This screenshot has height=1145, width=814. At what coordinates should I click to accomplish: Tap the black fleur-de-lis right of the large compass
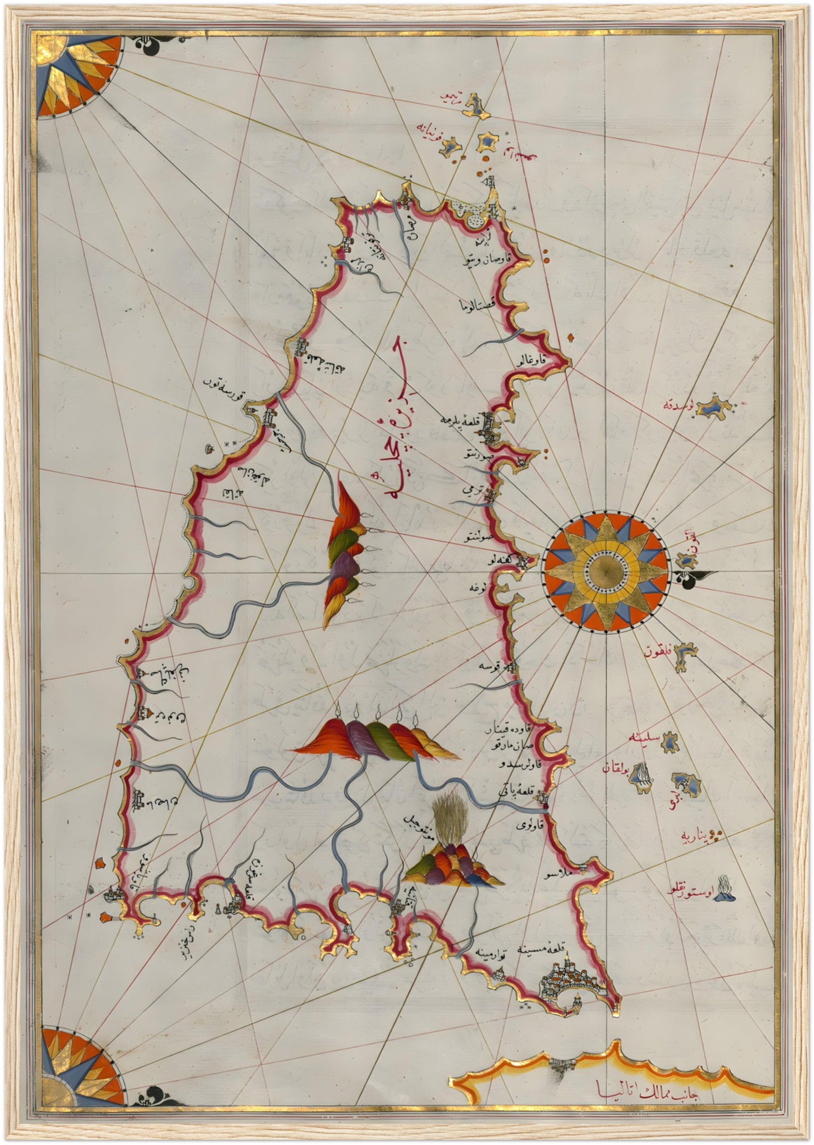[690, 578]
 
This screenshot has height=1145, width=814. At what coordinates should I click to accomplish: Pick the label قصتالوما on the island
[478, 304]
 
